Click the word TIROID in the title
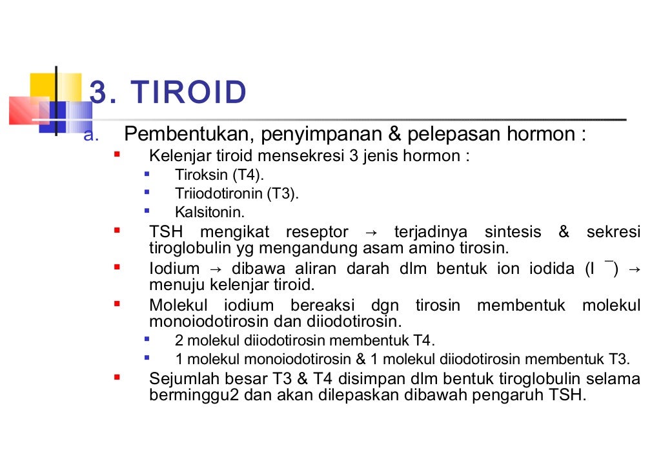tap(188, 93)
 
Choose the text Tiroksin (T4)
tap(219, 175)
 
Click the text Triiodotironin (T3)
tap(237, 193)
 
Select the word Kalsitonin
tap(210, 212)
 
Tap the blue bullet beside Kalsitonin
tap(147, 210)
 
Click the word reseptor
tap(317, 232)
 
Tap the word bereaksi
tap(323, 306)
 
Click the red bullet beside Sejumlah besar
tap(117, 377)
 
